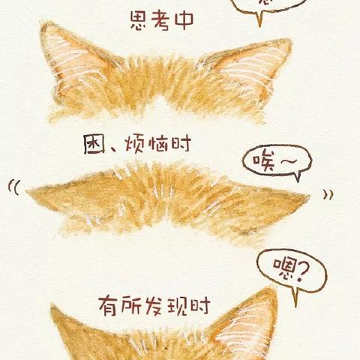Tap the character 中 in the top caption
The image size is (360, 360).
(182, 21)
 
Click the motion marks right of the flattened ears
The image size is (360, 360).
(328, 194)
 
